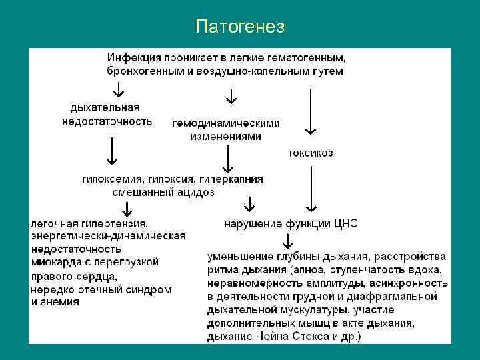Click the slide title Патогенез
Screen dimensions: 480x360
point(240,27)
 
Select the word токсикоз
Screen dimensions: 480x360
point(310,153)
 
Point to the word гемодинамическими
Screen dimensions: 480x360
point(226,123)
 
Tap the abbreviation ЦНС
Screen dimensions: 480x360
point(345,223)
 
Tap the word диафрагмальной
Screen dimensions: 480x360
point(398,296)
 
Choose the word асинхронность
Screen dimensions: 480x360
point(407,283)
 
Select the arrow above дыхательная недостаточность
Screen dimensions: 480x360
point(118,87)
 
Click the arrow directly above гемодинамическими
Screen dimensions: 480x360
point(231,97)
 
